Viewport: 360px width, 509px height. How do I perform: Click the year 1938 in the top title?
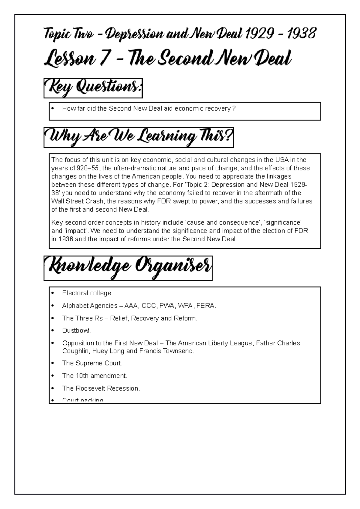(x=301, y=34)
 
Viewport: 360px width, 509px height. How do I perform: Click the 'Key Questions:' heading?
(x=93, y=88)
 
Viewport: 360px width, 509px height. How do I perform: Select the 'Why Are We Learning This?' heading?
(x=139, y=138)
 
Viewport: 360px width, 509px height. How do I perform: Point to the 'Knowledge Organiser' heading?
(x=128, y=268)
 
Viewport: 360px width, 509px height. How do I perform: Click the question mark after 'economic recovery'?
(x=234, y=109)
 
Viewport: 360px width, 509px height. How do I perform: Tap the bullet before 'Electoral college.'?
(x=53, y=293)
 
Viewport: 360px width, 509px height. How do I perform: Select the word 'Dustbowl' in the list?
(x=76, y=331)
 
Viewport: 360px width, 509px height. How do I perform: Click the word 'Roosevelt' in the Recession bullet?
(x=91, y=388)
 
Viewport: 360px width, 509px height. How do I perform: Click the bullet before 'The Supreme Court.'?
(x=53, y=363)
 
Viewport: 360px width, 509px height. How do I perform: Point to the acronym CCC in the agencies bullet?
(x=148, y=306)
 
